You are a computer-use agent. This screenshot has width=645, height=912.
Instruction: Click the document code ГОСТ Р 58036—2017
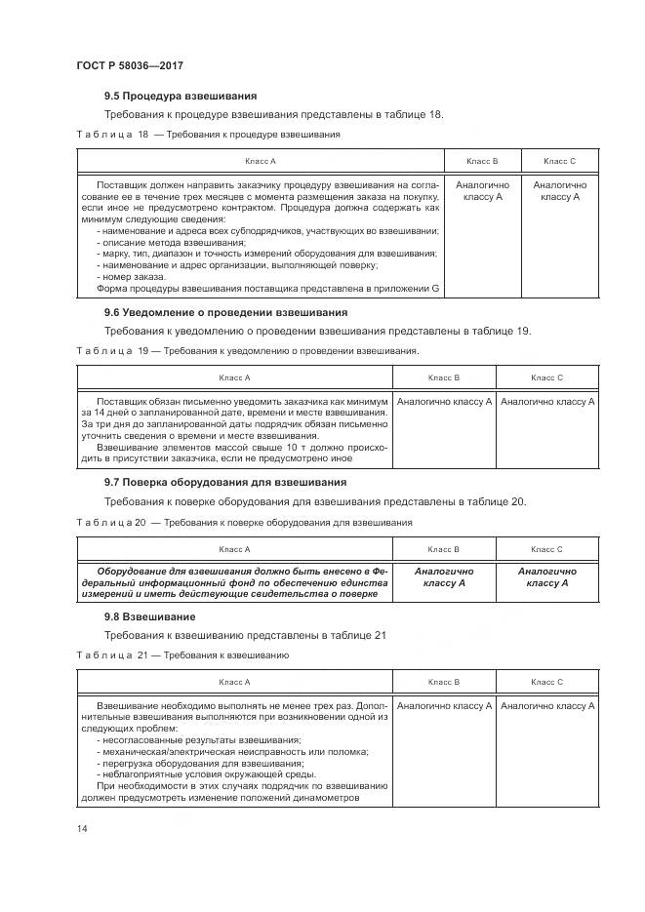(x=130, y=65)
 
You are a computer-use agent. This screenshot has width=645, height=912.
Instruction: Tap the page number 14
(x=82, y=828)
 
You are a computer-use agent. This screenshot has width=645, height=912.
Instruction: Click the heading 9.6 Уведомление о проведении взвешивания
(x=225, y=312)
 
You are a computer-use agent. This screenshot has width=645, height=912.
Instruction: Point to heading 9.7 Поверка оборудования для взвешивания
(x=225, y=483)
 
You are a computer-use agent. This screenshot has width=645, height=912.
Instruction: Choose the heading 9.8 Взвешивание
(x=150, y=616)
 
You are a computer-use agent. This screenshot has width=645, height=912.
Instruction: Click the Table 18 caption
(x=208, y=134)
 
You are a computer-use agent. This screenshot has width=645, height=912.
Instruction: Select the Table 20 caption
(x=244, y=522)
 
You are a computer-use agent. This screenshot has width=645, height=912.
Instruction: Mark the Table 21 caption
(x=182, y=655)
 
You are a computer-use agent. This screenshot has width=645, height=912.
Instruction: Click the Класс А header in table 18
(x=261, y=160)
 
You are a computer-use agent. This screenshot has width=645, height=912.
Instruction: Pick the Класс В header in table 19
(x=443, y=377)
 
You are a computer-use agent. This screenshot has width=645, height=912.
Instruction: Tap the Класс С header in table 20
(x=546, y=549)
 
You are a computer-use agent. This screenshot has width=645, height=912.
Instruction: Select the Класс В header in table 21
(x=443, y=682)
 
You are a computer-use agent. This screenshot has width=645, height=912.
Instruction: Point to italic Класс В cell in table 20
(x=443, y=577)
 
